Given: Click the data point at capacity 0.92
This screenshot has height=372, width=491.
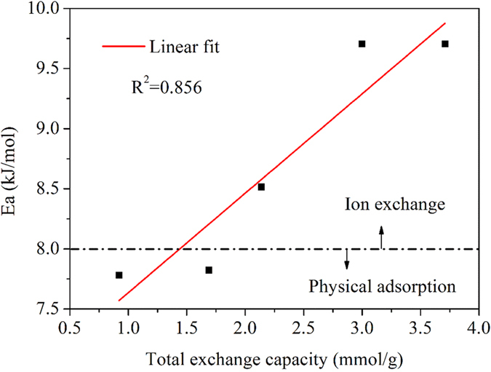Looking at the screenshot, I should coord(119,275).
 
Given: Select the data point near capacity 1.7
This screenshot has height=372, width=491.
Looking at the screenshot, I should coord(209,270).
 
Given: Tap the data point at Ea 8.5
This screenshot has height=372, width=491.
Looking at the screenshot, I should coord(261,187).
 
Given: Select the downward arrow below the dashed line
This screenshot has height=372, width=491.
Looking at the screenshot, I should coord(347,259).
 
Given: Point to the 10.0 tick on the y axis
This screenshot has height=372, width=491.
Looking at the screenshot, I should coord(44,9).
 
